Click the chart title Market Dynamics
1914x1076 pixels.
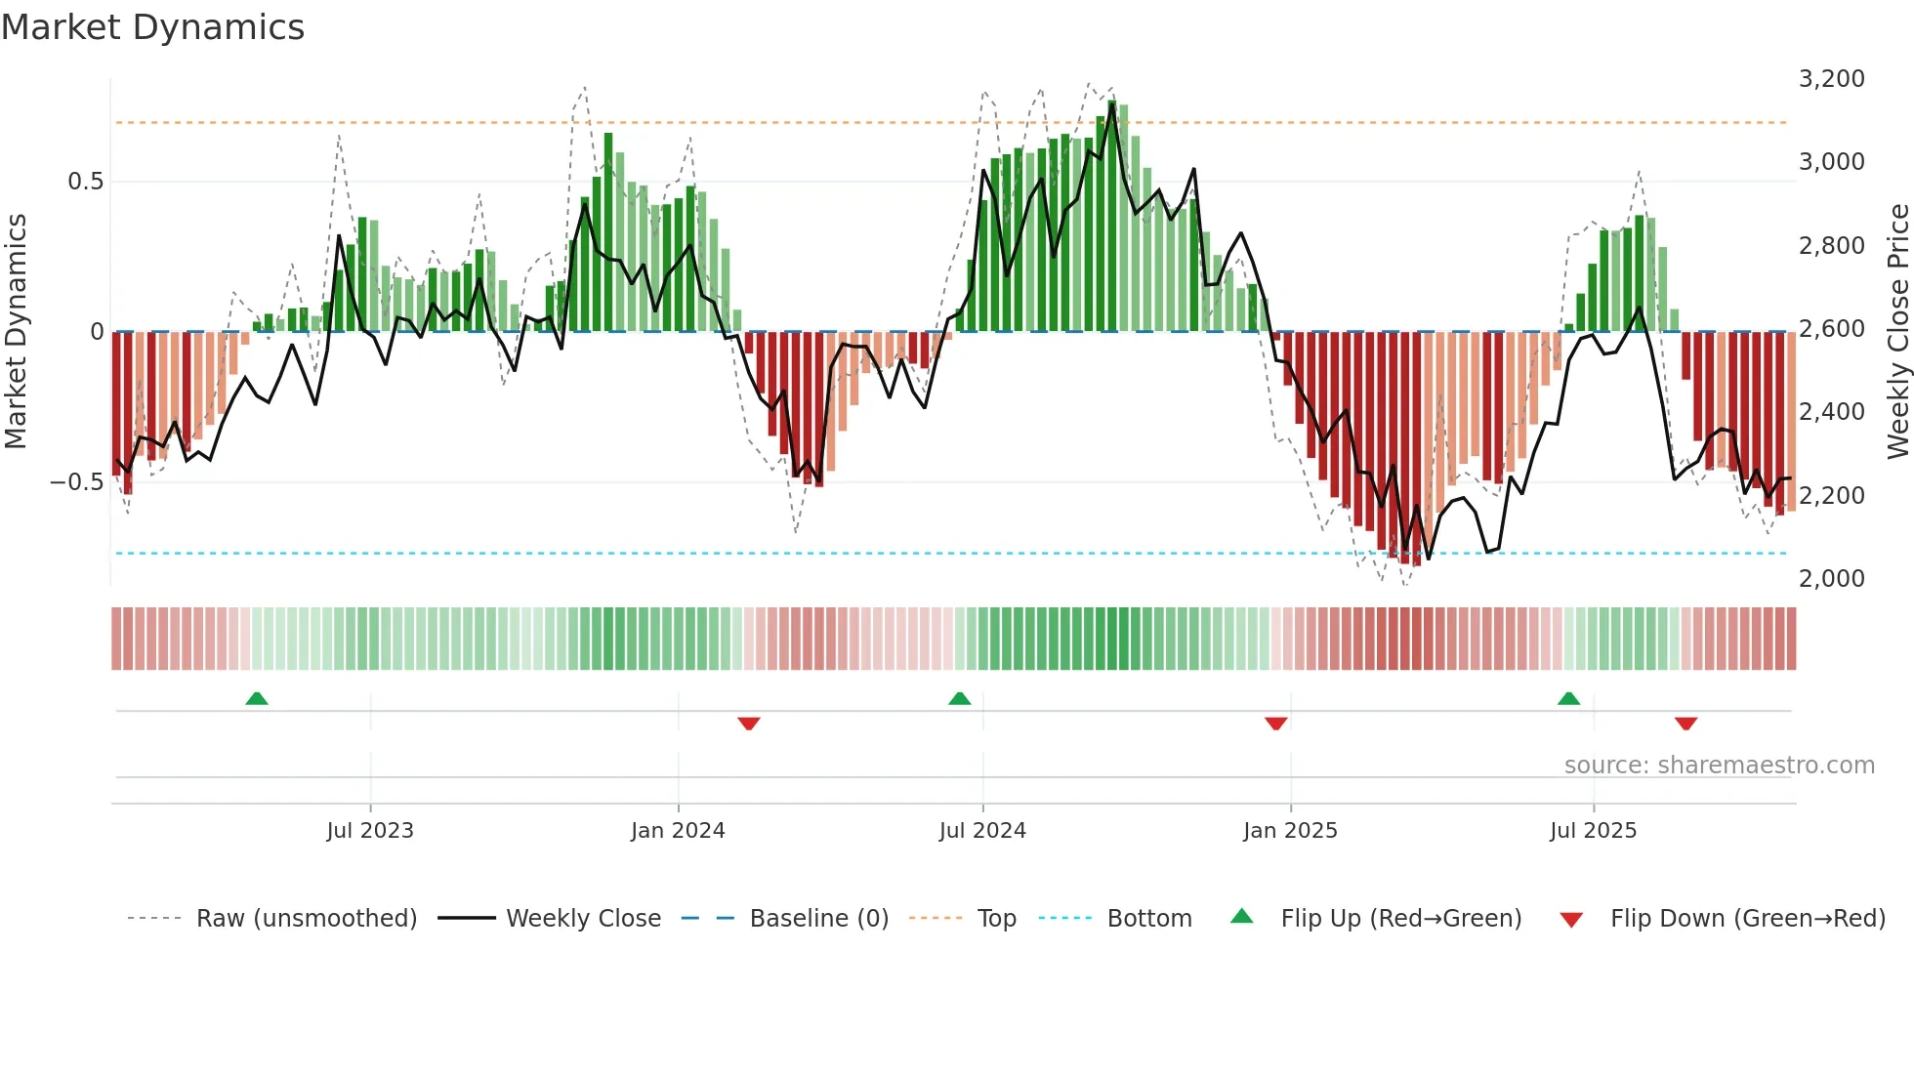point(152,27)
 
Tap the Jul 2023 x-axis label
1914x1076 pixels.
point(370,831)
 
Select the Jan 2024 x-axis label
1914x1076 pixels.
point(678,831)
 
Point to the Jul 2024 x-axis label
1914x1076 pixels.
point(982,831)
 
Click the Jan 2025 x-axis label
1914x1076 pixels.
point(1290,831)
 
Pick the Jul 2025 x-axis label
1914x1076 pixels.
point(1593,831)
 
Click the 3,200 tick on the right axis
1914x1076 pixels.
point(1831,79)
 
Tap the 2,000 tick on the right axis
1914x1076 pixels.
point(1831,579)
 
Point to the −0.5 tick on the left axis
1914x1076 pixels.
point(76,482)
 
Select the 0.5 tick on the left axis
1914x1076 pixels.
point(85,182)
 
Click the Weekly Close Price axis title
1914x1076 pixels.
point(1897,331)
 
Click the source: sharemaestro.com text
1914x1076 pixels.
point(1719,766)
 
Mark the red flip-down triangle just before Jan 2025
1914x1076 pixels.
point(1275,724)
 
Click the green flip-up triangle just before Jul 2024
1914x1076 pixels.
point(960,699)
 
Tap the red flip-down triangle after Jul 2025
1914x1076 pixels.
point(1685,724)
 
